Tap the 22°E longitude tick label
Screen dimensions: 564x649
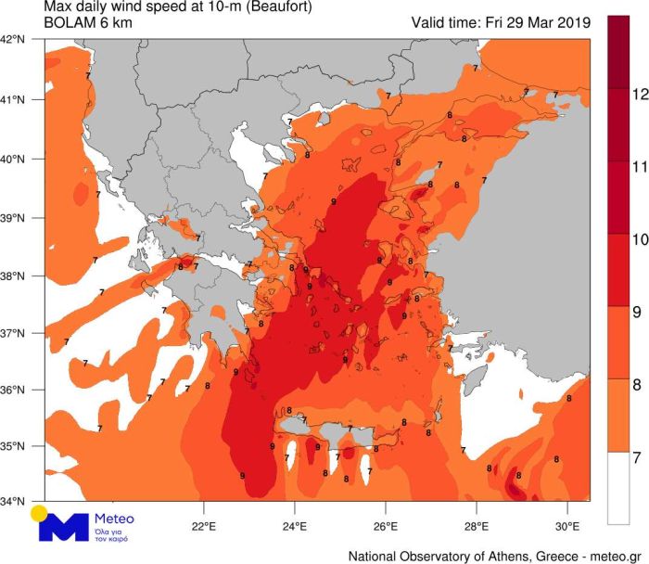204,519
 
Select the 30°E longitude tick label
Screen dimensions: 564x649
567,519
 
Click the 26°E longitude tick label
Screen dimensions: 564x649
386,519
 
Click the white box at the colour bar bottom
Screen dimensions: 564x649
617,488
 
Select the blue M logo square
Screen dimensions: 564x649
62,526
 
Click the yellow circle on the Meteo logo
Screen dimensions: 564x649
39,513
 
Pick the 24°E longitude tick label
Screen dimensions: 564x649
295,519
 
